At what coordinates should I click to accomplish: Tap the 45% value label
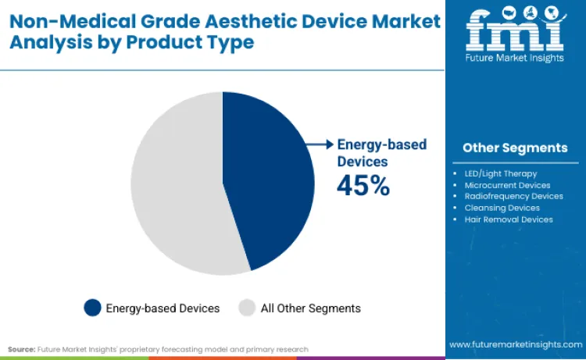(363, 185)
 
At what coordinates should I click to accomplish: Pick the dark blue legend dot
(92, 308)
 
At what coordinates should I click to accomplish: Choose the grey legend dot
(247, 308)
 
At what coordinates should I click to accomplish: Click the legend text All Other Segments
(310, 308)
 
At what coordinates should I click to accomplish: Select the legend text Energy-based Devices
(163, 308)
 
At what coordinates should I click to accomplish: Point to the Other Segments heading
(515, 148)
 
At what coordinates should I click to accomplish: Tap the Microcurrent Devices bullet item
(508, 185)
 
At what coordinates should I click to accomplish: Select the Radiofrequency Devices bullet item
(513, 196)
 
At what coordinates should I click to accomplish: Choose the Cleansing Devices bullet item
(502, 208)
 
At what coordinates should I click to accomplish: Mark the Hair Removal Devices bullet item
(509, 219)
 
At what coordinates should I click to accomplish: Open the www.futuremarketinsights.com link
(515, 344)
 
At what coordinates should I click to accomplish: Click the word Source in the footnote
(21, 349)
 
